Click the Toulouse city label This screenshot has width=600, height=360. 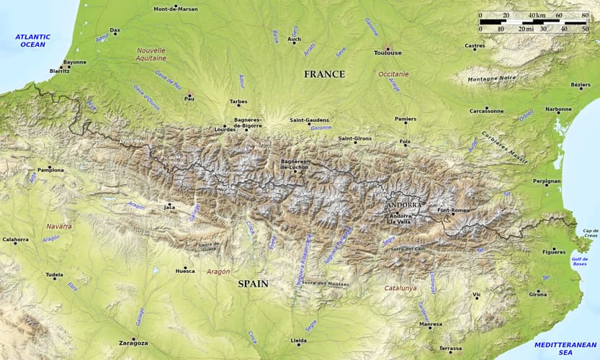(388, 53)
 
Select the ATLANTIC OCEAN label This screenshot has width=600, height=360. (32, 40)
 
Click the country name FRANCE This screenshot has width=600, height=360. (324, 74)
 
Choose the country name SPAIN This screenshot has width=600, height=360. (253, 284)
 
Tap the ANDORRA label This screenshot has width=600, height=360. (403, 205)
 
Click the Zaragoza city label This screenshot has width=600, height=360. (133, 343)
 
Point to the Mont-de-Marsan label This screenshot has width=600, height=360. (176, 9)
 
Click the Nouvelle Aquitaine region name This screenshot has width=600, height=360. (151, 54)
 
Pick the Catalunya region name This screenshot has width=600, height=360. (400, 288)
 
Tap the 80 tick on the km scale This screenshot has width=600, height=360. (585, 15)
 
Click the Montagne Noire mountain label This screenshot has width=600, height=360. (492, 78)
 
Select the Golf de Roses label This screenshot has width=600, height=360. (579, 261)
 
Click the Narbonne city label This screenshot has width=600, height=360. (558, 109)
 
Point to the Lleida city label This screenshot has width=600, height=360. (297, 340)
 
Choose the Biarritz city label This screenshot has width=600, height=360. (59, 71)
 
